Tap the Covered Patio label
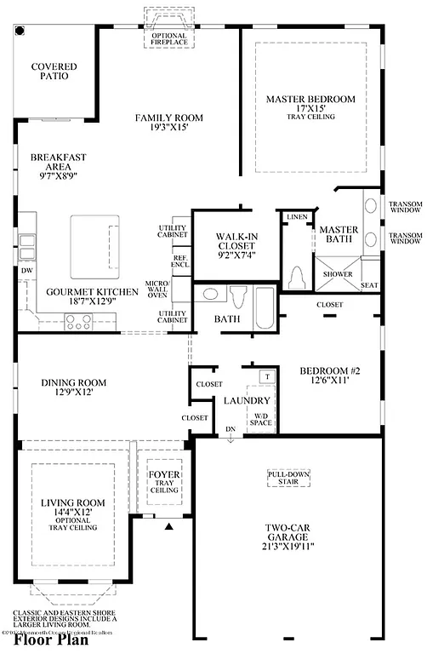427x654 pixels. pos(54,72)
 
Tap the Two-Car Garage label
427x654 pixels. pos(288,545)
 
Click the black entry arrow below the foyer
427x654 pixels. pos(168,525)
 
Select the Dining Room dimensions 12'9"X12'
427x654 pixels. pos(73,393)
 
